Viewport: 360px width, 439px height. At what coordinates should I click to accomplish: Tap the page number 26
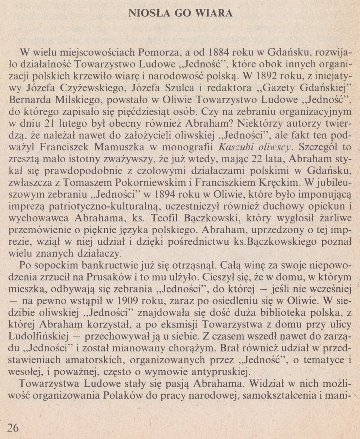pyautogui.click(x=13, y=427)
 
